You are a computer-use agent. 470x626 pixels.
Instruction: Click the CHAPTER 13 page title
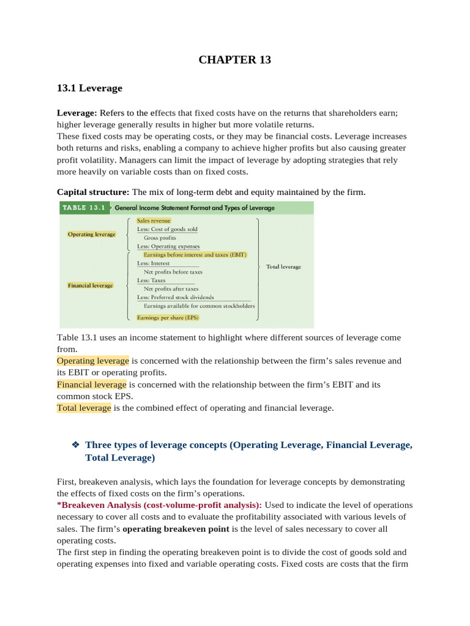pyautogui.click(x=234, y=59)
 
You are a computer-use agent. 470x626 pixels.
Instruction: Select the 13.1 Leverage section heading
pyautogui.click(x=89, y=88)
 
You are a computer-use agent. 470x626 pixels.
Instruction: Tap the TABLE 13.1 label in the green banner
pyautogui.click(x=83, y=208)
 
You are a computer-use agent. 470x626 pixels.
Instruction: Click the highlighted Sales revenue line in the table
pyautogui.click(x=154, y=220)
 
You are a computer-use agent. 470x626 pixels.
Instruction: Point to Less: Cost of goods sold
pyautogui.click(x=167, y=229)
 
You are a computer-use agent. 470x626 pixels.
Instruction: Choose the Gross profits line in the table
pyautogui.click(x=160, y=238)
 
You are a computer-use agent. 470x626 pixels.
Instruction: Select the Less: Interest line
pyautogui.click(x=154, y=263)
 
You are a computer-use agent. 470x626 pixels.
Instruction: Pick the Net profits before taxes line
pyautogui.click(x=173, y=271)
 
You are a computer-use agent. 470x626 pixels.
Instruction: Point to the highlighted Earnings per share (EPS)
pyautogui.click(x=168, y=318)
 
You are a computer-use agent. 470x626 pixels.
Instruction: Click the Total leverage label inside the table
pyautogui.click(x=283, y=267)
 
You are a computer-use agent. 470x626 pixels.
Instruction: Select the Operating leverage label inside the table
pyautogui.click(x=91, y=234)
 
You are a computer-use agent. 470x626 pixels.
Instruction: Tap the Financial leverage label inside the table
pyautogui.click(x=91, y=285)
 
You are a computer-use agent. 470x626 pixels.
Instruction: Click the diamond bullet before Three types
pyautogui.click(x=75, y=445)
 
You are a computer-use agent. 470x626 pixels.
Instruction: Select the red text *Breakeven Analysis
pyautogui.click(x=159, y=505)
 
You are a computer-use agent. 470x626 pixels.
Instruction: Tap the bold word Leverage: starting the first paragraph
pyautogui.click(x=77, y=112)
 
